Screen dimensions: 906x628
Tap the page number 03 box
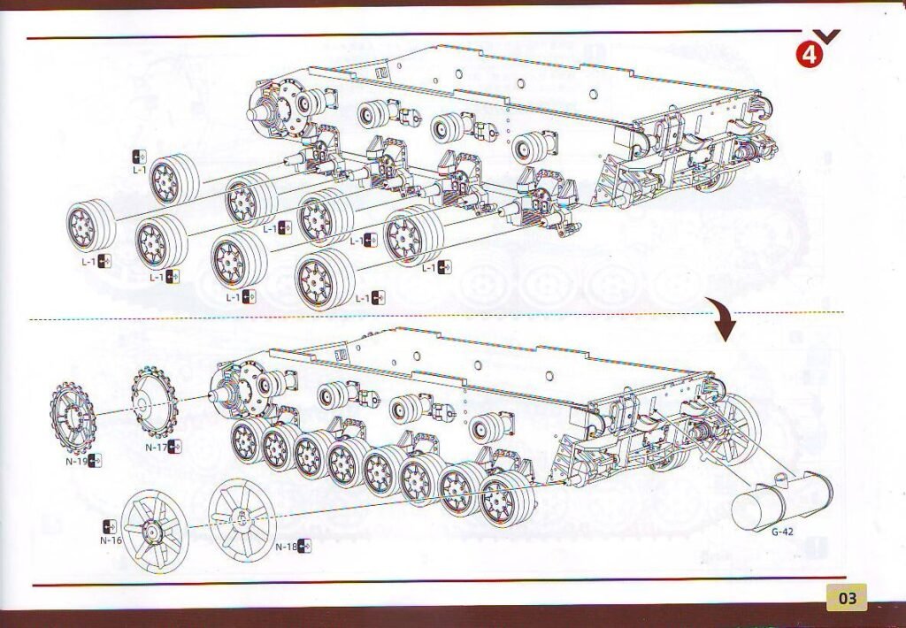[x=847, y=597]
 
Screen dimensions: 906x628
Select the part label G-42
[x=782, y=532]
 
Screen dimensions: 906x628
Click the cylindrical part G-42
[x=782, y=500]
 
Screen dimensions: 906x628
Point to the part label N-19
[x=76, y=461]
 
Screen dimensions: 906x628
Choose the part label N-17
[x=156, y=448]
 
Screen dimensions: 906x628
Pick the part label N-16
[x=111, y=540]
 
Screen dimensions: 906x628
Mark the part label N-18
[x=286, y=547]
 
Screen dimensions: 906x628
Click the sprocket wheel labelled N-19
[x=73, y=417]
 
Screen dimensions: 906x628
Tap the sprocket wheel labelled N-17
[x=154, y=402]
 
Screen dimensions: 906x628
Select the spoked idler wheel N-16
[x=154, y=532]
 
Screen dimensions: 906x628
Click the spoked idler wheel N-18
[x=242, y=519]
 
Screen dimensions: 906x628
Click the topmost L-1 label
[x=139, y=170]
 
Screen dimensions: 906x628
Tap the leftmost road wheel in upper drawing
[x=91, y=226]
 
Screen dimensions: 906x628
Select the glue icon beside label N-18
[x=304, y=546]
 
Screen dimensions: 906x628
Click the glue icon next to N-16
[x=109, y=527]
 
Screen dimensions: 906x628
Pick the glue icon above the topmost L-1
[x=139, y=157]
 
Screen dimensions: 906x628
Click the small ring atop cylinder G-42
[x=780, y=478]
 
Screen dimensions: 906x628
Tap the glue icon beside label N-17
[x=174, y=446]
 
